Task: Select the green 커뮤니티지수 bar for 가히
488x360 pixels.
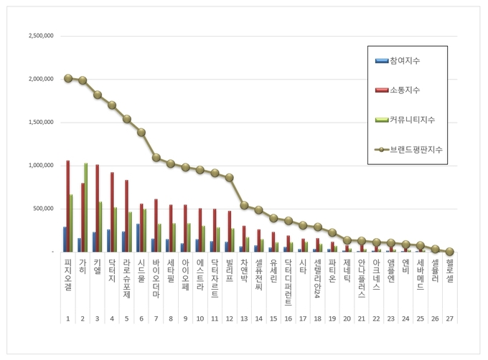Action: [x=86, y=208]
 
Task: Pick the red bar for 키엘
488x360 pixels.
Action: [x=98, y=209]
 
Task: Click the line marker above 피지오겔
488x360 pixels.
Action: [x=67, y=78]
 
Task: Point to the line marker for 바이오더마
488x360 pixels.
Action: [x=156, y=157]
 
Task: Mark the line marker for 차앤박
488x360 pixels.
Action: [x=244, y=205]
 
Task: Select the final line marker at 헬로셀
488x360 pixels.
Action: [x=449, y=252]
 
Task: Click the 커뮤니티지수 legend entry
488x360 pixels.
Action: [x=413, y=119]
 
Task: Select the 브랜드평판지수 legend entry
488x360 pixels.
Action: [x=416, y=149]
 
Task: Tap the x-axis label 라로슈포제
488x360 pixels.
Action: [x=126, y=275]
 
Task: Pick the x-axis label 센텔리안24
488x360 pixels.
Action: [x=317, y=280]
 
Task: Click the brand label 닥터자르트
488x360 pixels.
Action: [x=215, y=275]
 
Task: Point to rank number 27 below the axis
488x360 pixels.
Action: [x=449, y=318]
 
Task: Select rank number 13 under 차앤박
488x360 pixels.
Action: [x=244, y=318]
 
